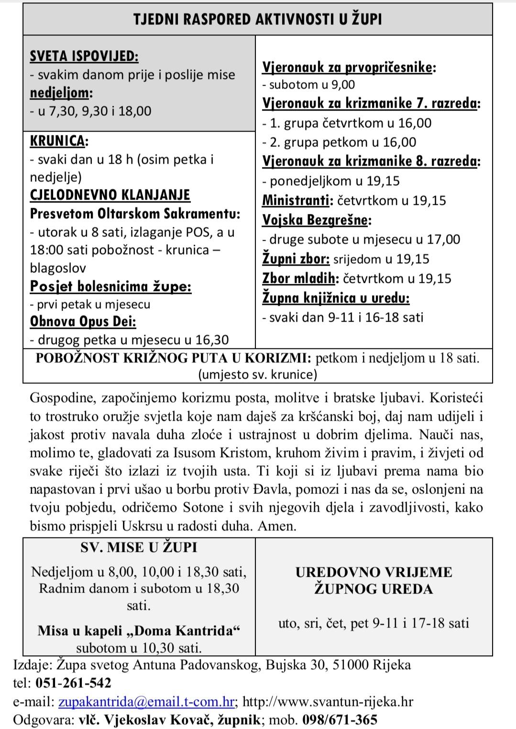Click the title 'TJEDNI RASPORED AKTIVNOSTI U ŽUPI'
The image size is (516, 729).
[257, 19]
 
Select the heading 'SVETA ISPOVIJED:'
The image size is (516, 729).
[84, 56]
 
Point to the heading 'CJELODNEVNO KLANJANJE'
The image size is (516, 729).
[110, 195]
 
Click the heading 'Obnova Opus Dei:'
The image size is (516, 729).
[83, 321]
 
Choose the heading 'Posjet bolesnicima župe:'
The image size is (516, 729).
[110, 286]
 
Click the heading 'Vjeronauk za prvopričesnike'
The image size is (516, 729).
[347, 67]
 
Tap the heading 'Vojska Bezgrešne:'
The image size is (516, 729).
[317, 220]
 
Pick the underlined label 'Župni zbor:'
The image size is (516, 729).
[296, 259]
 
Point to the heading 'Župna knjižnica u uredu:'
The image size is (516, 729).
[336, 298]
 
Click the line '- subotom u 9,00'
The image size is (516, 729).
[308, 85]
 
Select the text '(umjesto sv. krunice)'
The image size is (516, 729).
[257, 374]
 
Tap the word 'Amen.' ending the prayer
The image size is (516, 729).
[277, 526]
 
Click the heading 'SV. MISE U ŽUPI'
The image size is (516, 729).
[139, 547]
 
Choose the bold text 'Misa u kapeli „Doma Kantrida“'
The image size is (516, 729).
[139, 630]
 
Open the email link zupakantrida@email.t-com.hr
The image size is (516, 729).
[146, 702]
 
